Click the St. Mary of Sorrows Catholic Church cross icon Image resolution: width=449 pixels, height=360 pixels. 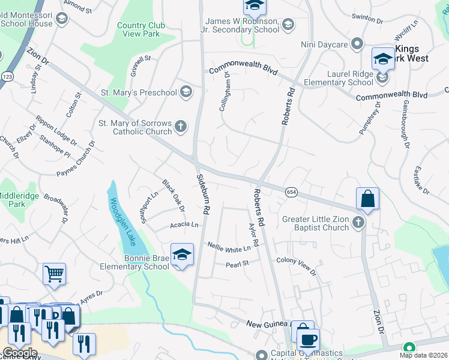[180, 127]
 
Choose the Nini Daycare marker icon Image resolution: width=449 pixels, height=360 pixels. [357, 44]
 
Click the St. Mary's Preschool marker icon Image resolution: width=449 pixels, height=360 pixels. [185, 92]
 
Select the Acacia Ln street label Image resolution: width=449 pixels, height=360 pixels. [184, 224]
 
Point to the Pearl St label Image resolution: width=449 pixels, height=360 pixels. [237, 265]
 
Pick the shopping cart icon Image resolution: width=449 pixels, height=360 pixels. [54, 274]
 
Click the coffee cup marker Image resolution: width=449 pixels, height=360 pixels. [309, 340]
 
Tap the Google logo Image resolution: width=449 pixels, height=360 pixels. [19, 353]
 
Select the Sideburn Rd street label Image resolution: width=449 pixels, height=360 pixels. [204, 194]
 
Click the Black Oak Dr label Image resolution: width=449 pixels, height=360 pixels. [173, 195]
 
